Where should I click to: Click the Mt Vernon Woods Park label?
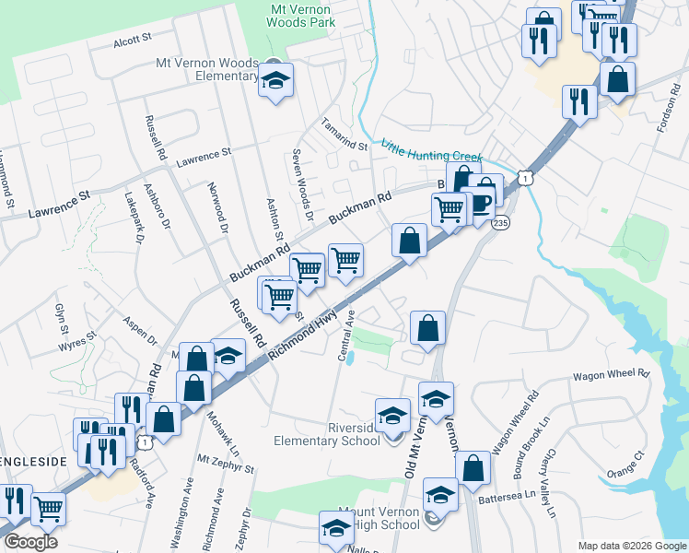300,14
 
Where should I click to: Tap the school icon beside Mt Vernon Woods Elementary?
274,81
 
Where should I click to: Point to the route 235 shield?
500,224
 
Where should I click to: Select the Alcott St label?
132,41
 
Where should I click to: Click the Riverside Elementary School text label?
327,434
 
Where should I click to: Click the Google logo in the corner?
30,542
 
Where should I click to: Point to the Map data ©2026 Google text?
631,546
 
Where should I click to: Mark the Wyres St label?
77,341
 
